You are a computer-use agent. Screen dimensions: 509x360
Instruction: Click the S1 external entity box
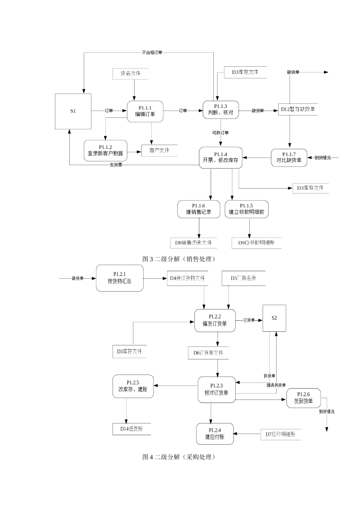click(73, 111)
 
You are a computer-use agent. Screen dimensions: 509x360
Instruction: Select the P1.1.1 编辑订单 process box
click(145, 111)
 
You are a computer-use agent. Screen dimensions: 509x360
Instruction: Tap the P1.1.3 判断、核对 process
click(221, 110)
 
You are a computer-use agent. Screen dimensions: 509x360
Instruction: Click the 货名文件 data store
click(131, 73)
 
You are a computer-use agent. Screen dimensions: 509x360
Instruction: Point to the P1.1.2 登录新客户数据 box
click(105, 150)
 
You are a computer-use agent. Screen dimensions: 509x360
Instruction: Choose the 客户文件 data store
click(159, 150)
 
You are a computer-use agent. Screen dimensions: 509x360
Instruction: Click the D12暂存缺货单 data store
click(298, 109)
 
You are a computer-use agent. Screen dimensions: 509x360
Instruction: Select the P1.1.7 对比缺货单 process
click(289, 157)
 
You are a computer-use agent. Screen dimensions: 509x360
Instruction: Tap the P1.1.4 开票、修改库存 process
click(221, 158)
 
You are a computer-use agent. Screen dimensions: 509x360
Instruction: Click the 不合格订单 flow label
click(152, 53)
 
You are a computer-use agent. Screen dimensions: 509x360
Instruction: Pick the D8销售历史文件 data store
click(193, 243)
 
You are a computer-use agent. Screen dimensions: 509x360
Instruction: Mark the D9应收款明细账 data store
click(256, 243)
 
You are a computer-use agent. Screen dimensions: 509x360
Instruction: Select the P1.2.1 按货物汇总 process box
click(120, 278)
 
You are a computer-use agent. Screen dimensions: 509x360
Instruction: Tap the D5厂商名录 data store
click(243, 278)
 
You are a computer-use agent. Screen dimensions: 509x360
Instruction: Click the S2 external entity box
click(274, 318)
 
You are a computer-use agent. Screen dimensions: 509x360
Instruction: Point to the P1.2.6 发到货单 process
click(304, 398)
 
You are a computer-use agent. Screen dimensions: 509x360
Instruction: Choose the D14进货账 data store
click(131, 429)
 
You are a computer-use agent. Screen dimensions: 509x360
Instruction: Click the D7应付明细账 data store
click(280, 434)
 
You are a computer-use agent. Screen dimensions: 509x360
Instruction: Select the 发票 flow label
click(116, 165)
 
